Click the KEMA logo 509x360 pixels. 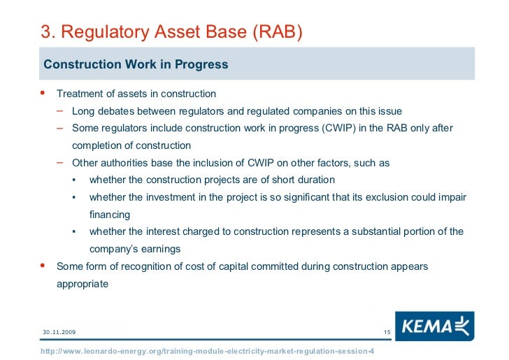point(434,327)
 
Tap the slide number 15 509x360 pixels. point(387,331)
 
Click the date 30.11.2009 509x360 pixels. point(59,331)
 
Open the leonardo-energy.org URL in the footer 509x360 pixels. point(207,350)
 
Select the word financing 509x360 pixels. point(110,215)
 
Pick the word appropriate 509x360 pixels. point(83,284)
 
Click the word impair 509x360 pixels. point(451,197)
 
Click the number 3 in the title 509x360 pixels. point(45,32)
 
